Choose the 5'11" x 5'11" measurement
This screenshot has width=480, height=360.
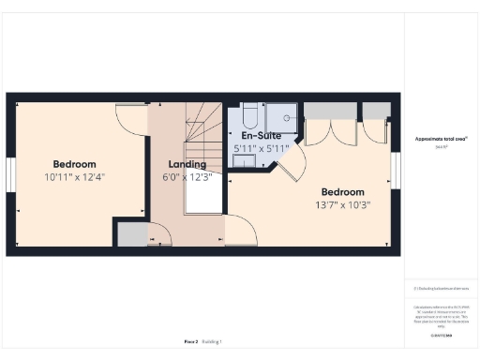[262, 148]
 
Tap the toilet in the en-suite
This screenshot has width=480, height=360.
[249, 115]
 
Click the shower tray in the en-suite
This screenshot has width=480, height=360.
[279, 117]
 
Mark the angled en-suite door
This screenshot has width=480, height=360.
[291, 171]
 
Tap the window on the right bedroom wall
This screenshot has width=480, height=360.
[395, 170]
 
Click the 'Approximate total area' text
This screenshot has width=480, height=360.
[441, 139]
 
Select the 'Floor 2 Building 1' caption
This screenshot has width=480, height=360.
[202, 342]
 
